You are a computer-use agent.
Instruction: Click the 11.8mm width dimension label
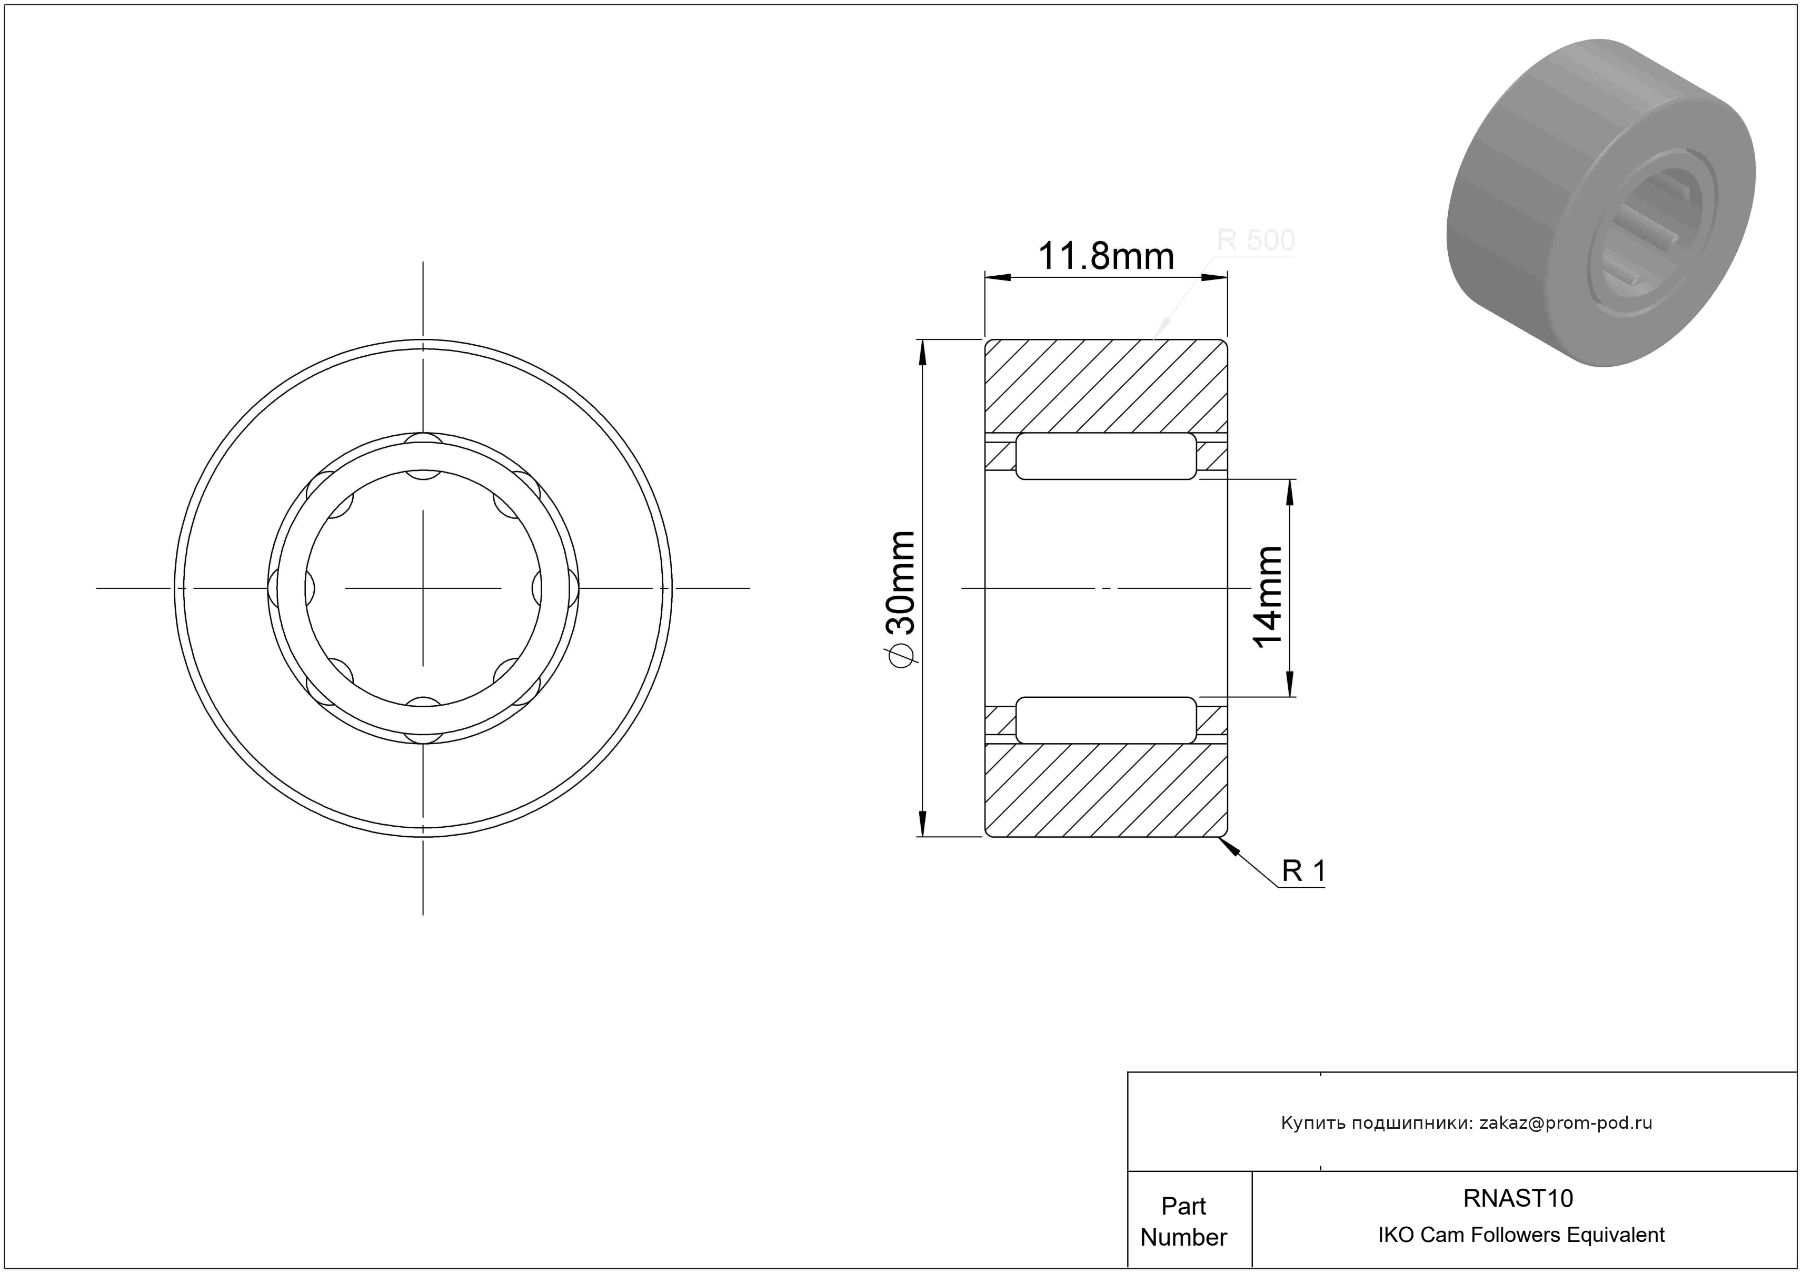1106,256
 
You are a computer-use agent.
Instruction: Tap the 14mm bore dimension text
1268,596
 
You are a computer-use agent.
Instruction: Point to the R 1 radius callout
1303,870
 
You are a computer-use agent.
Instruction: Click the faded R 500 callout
1256,239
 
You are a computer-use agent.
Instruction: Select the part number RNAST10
1518,1198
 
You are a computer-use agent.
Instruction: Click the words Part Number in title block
1183,1221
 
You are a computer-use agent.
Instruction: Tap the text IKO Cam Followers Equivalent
1521,1235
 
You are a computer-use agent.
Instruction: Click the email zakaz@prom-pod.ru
1566,1122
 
